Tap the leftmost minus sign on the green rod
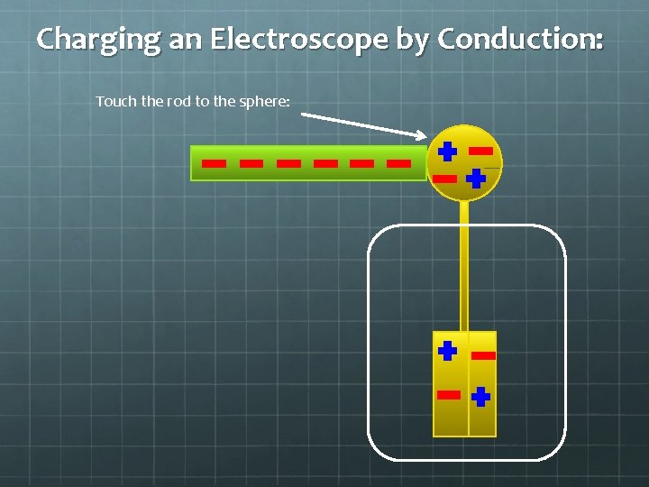click(214, 164)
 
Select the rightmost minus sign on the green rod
click(398, 164)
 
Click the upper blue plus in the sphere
click(447, 152)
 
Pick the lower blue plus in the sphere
click(476, 179)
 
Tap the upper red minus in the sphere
click(480, 151)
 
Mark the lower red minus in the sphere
click(445, 179)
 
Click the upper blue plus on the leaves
click(447, 350)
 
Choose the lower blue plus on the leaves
click(481, 395)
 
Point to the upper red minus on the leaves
click(484, 355)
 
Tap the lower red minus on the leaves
click(448, 394)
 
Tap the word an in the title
click(178, 40)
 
